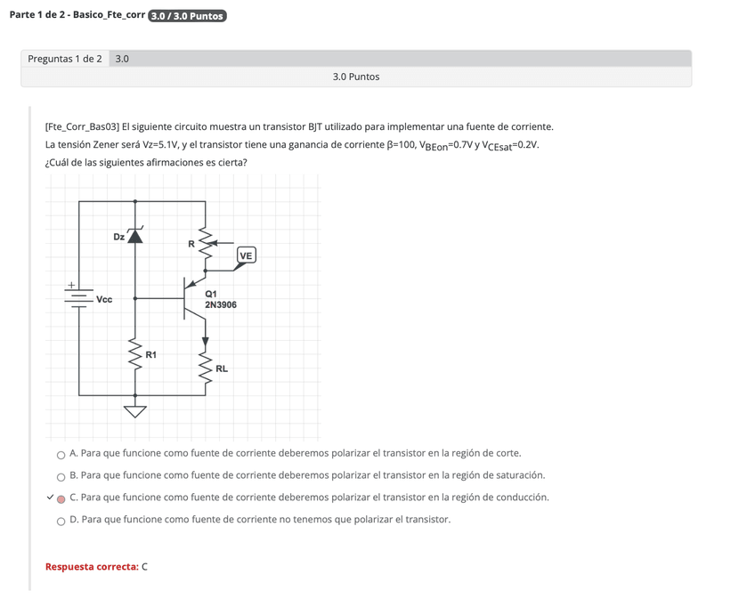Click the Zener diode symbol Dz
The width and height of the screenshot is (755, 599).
pos(135,236)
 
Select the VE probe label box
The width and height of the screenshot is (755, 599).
pos(246,256)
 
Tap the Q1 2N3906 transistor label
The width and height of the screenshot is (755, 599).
pos(221,299)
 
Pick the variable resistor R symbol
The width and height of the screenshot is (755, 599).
pos(206,243)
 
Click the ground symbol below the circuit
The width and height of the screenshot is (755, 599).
pos(135,410)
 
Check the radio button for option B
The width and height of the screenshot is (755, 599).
pos(61,477)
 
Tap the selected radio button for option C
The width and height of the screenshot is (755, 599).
pos(61,498)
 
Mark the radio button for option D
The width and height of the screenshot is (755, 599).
pos(61,521)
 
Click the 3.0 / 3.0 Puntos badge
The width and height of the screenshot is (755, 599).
pos(188,16)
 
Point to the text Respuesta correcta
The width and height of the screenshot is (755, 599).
pos(92,566)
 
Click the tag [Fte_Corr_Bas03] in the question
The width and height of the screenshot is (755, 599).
pos(82,127)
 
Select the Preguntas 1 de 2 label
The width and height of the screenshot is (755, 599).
pos(65,59)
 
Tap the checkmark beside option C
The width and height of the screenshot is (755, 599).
pos(50,497)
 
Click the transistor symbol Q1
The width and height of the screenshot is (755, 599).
pos(191,298)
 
